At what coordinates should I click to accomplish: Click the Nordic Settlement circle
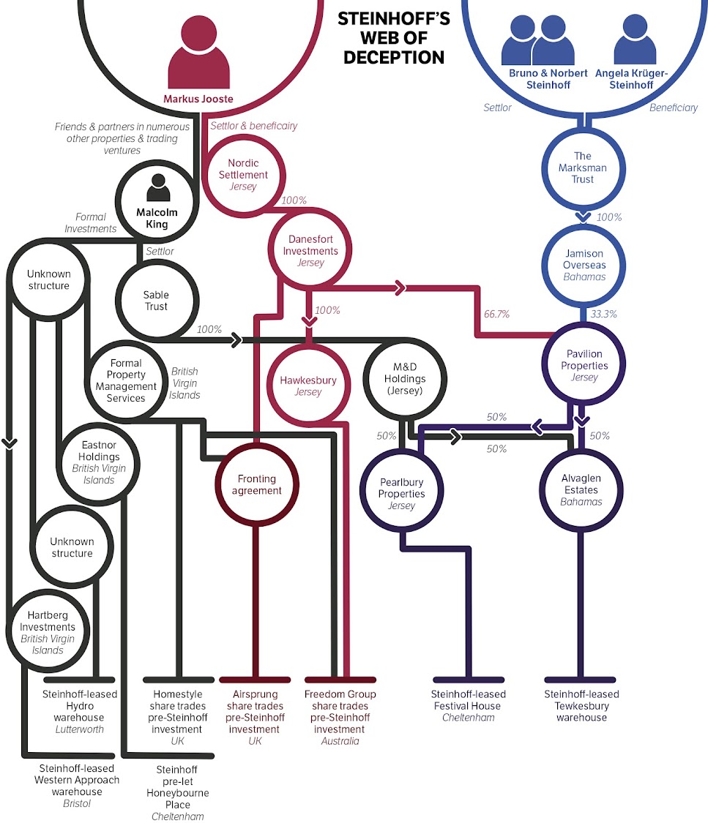pos(243,175)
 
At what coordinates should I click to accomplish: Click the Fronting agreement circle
pos(256,484)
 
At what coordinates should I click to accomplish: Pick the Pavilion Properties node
pos(584,366)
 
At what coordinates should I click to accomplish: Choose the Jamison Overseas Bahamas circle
pos(584,265)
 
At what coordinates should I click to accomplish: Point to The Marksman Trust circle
pos(583,168)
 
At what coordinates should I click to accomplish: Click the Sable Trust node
pos(155,300)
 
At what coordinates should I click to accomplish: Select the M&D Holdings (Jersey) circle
pos(405,379)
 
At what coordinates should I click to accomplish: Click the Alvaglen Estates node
pos(581,489)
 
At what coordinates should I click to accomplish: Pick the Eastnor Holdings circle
pos(99,462)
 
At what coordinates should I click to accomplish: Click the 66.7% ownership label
pos(496,314)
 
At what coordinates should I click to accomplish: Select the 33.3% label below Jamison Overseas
pos(604,314)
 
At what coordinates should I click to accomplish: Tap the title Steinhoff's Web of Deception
pos(393,37)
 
